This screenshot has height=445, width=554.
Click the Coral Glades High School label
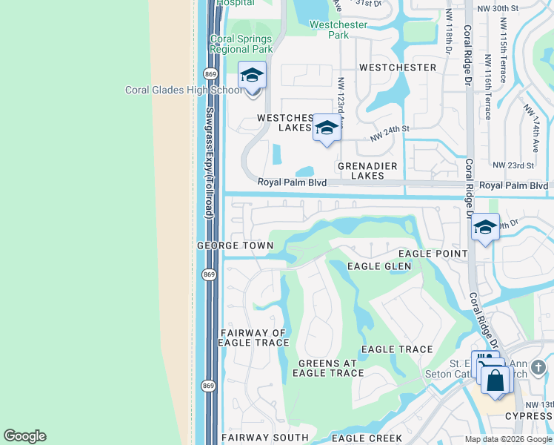183,90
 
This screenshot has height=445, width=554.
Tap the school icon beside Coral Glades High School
252,76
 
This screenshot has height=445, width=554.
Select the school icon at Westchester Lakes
327,128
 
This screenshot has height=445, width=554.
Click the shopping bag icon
495,381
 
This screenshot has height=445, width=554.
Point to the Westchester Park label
338,30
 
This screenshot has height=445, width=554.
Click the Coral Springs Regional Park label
241,44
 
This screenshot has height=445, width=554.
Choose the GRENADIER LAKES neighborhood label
367,171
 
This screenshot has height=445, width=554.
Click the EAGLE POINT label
435,254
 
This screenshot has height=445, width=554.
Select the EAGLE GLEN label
378,266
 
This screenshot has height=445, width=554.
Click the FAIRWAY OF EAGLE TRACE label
253,337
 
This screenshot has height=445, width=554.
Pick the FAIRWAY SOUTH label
253,438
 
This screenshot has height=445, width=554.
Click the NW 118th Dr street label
450,33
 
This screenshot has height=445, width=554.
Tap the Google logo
24,436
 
